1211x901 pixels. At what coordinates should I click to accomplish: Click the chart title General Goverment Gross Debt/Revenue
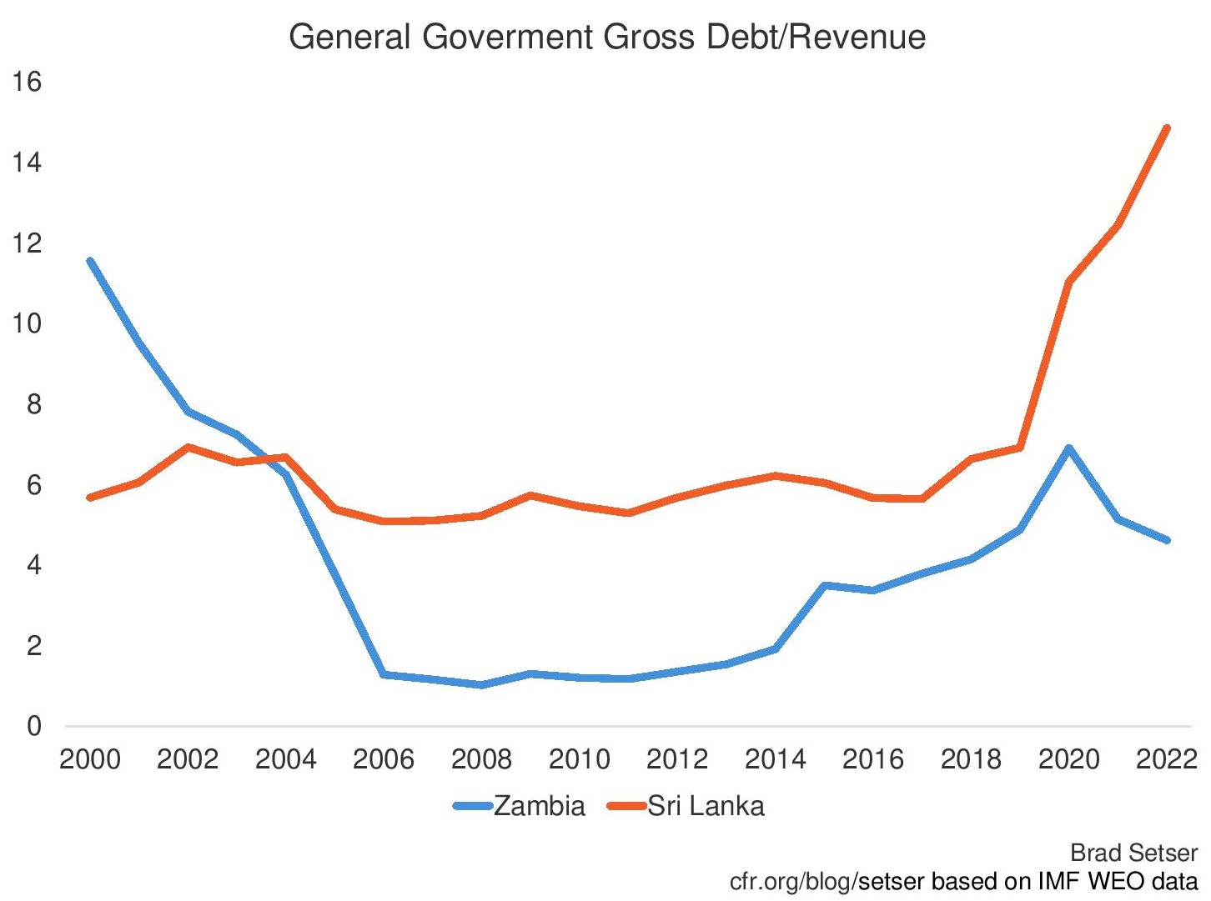click(x=606, y=38)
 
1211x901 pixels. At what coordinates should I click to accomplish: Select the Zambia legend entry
click(x=539, y=806)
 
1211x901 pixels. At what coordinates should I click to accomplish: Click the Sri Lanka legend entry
click(x=706, y=806)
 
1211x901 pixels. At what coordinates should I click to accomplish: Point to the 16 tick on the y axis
click(x=27, y=82)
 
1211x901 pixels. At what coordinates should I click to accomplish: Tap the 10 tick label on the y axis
click(x=27, y=323)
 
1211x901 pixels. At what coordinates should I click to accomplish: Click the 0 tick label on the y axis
click(x=33, y=726)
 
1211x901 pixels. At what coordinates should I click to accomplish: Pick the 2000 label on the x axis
click(x=90, y=759)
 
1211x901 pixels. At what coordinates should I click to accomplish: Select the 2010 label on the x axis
click(x=580, y=759)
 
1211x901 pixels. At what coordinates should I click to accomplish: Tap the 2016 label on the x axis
click(x=873, y=759)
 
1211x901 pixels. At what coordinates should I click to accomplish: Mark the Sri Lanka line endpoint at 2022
click(x=1166, y=128)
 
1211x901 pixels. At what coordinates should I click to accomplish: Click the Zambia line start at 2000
click(x=90, y=261)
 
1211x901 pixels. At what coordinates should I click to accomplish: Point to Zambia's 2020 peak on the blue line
click(x=1068, y=448)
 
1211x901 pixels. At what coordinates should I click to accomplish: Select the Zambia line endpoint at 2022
click(x=1166, y=540)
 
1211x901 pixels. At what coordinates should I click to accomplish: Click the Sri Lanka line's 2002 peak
click(x=188, y=447)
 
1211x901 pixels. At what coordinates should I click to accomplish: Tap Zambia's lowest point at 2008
click(x=482, y=684)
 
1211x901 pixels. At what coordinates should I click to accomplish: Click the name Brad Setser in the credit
click(x=1133, y=853)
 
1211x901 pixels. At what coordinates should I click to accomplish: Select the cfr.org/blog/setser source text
click(x=793, y=881)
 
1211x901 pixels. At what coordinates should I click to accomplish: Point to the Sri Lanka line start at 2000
click(x=90, y=498)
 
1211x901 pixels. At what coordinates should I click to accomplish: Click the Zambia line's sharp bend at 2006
click(x=384, y=673)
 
